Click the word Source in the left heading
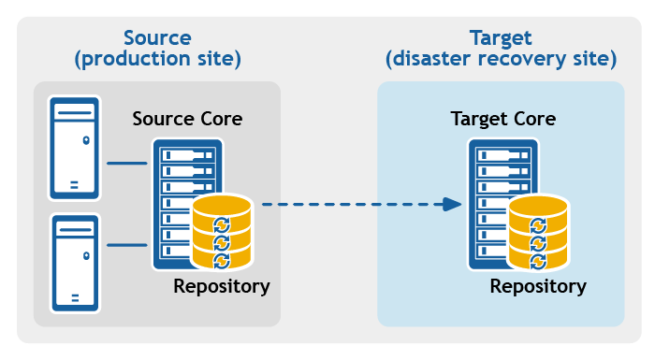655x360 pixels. pyautogui.click(x=157, y=38)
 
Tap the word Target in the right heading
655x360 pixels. pyautogui.click(x=501, y=38)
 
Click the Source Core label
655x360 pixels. pyautogui.click(x=187, y=120)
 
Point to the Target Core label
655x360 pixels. pyautogui.click(x=503, y=120)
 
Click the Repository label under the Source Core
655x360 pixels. pyautogui.click(x=222, y=286)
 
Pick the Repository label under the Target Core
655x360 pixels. pyautogui.click(x=538, y=286)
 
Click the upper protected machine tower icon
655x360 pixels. pyautogui.click(x=75, y=148)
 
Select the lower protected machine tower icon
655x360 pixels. pyautogui.click(x=75, y=262)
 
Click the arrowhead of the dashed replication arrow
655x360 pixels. pyautogui.click(x=453, y=204)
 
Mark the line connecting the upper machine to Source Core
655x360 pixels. pyautogui.click(x=127, y=163)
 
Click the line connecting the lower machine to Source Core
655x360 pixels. pyautogui.click(x=127, y=245)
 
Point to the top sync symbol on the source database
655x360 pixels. pyautogui.click(x=222, y=223)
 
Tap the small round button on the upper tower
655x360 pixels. pyautogui.click(x=86, y=140)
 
